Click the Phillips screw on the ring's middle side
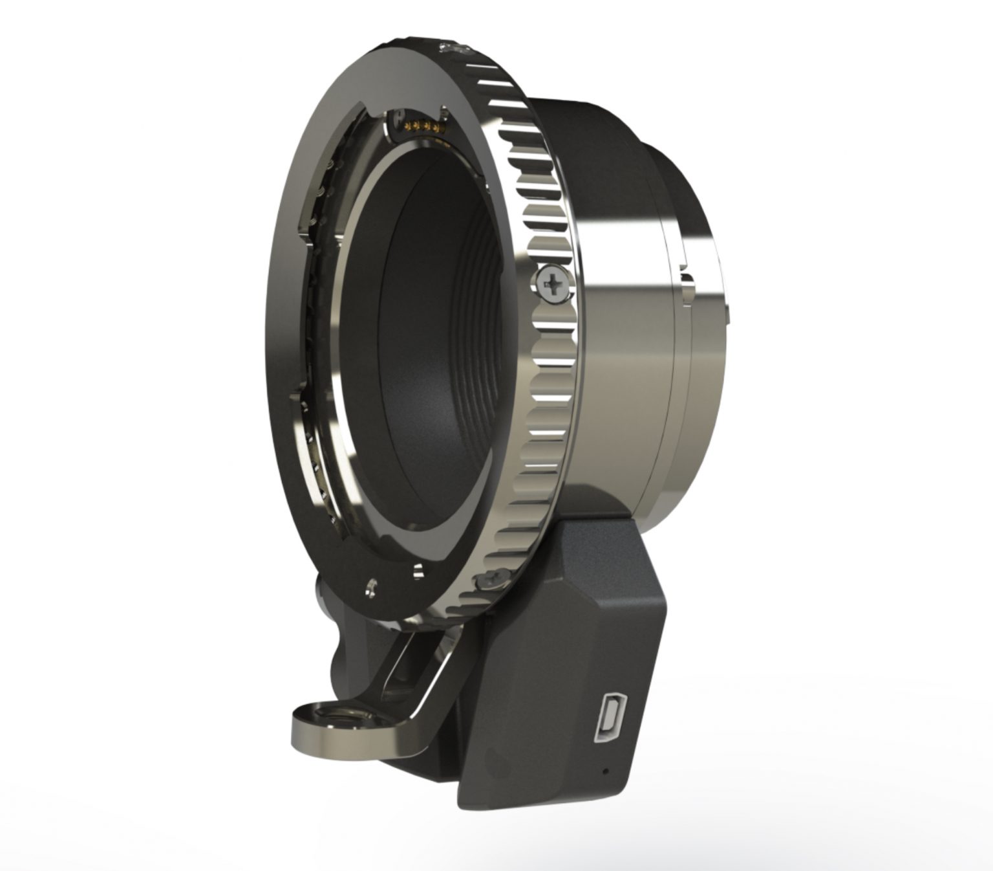pyautogui.click(x=551, y=283)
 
